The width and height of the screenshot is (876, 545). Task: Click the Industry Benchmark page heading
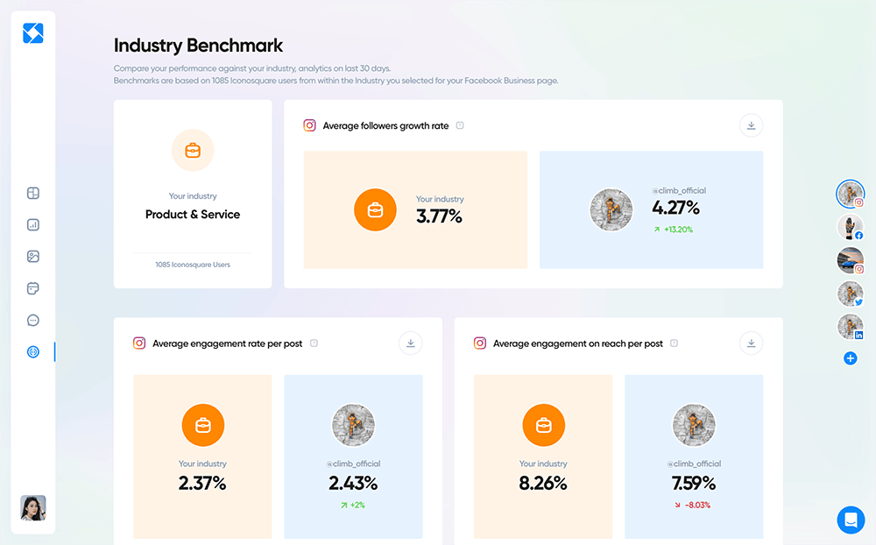(199, 46)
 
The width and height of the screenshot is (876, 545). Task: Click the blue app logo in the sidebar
(33, 33)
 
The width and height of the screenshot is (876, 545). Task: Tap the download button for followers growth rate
(751, 125)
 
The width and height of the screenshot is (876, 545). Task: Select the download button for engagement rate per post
(411, 343)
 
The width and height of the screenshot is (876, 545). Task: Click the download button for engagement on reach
(751, 343)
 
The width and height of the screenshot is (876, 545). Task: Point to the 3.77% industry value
(439, 216)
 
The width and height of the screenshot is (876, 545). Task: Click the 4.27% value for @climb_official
(675, 208)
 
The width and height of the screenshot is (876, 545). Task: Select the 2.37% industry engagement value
(202, 483)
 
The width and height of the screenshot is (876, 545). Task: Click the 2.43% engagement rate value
(353, 483)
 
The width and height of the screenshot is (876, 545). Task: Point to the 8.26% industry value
(543, 483)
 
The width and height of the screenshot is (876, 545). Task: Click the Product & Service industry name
(193, 214)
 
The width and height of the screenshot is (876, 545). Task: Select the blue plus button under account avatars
(850, 358)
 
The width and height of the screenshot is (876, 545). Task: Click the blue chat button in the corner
(850, 520)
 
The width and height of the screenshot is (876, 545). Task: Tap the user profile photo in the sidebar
(33, 508)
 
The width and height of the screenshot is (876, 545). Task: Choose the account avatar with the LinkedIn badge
(850, 327)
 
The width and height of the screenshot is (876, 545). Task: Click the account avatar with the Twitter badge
(850, 294)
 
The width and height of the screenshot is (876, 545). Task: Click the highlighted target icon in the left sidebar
(33, 351)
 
